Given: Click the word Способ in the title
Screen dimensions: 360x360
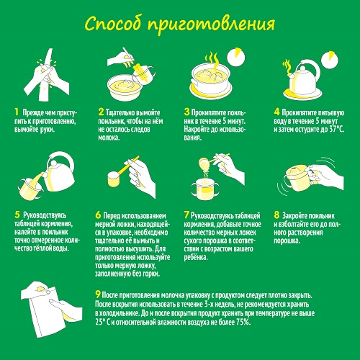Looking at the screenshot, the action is tap(112, 24).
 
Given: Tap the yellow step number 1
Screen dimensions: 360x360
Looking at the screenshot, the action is tap(17, 112).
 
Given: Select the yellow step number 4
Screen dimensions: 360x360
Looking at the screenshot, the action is tap(276, 112).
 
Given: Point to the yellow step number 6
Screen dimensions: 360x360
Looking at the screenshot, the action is tap(98, 215).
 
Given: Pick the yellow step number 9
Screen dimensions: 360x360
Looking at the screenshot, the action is tap(98, 294).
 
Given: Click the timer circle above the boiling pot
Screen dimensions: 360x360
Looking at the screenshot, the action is tap(235, 57).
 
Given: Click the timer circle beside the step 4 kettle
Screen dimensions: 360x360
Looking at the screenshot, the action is tap(330, 60).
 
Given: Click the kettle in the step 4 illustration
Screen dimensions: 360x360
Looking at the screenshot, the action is tap(303, 77).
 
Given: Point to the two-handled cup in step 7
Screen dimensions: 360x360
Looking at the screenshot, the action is tap(206, 189).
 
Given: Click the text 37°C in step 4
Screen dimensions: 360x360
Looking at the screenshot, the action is tap(336, 130).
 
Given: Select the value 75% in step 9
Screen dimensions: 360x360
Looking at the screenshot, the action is tap(243, 322).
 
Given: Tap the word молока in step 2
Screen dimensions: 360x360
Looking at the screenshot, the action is tap(109, 138).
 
